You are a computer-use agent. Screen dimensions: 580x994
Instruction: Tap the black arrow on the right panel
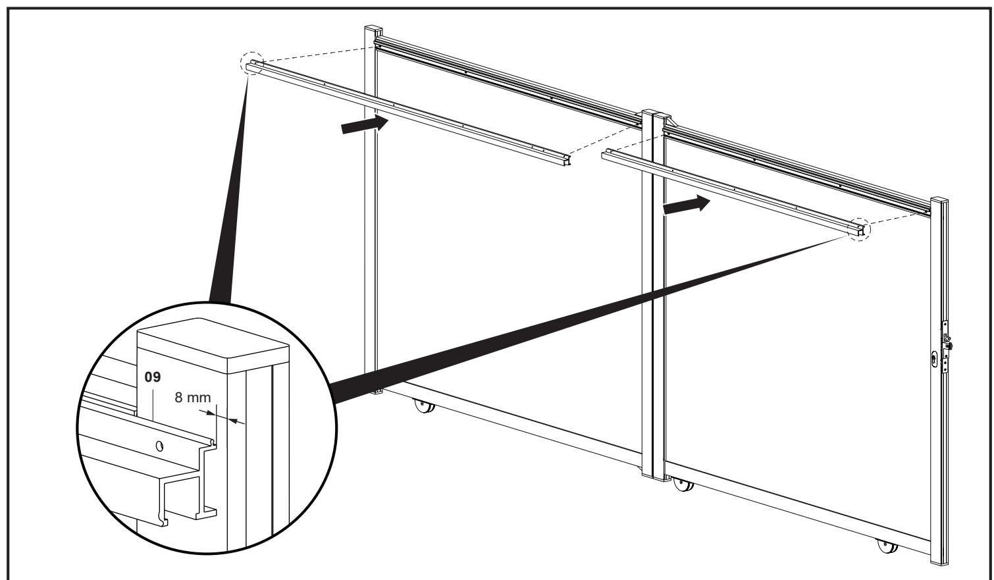687,205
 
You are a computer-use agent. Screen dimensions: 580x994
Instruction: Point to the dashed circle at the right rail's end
859,229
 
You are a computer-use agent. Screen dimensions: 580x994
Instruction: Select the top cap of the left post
373,31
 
